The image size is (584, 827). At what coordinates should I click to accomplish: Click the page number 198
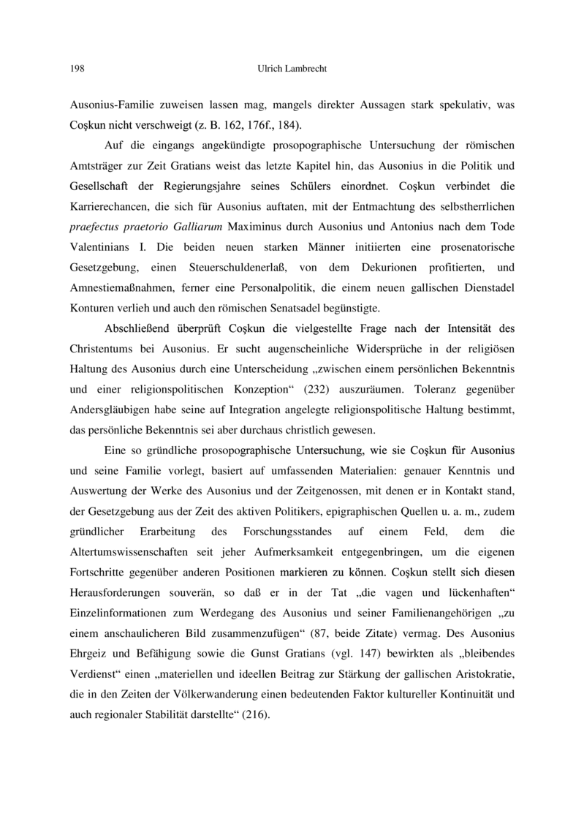(x=77, y=69)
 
